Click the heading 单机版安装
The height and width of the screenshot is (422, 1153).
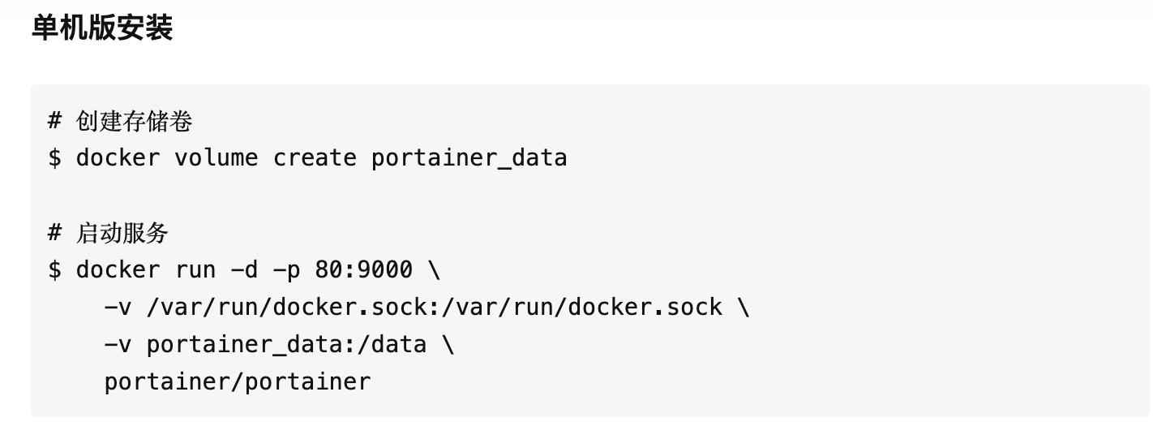pyautogui.click(x=102, y=28)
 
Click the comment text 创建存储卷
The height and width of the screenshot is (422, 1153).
pyautogui.click(x=134, y=122)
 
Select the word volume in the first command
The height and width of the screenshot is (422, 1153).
pyautogui.click(x=216, y=157)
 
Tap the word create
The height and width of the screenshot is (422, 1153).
pyautogui.click(x=315, y=157)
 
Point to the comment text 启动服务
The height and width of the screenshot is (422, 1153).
pyautogui.click(x=122, y=233)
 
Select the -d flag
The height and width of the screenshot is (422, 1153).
pyautogui.click(x=244, y=269)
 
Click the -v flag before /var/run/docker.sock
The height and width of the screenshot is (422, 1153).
pyautogui.click(x=118, y=308)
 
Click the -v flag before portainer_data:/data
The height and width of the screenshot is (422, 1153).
pyautogui.click(x=118, y=345)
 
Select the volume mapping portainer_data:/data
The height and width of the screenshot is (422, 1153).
pyautogui.click(x=286, y=345)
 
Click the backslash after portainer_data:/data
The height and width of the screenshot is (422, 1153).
pyautogui.click(x=448, y=345)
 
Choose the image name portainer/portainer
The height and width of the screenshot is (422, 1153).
pyautogui.click(x=238, y=382)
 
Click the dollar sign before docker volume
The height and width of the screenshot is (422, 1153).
pyautogui.click(x=54, y=157)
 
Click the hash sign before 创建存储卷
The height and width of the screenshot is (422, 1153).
pyautogui.click(x=54, y=121)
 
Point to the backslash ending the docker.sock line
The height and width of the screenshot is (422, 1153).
pyautogui.click(x=744, y=307)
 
